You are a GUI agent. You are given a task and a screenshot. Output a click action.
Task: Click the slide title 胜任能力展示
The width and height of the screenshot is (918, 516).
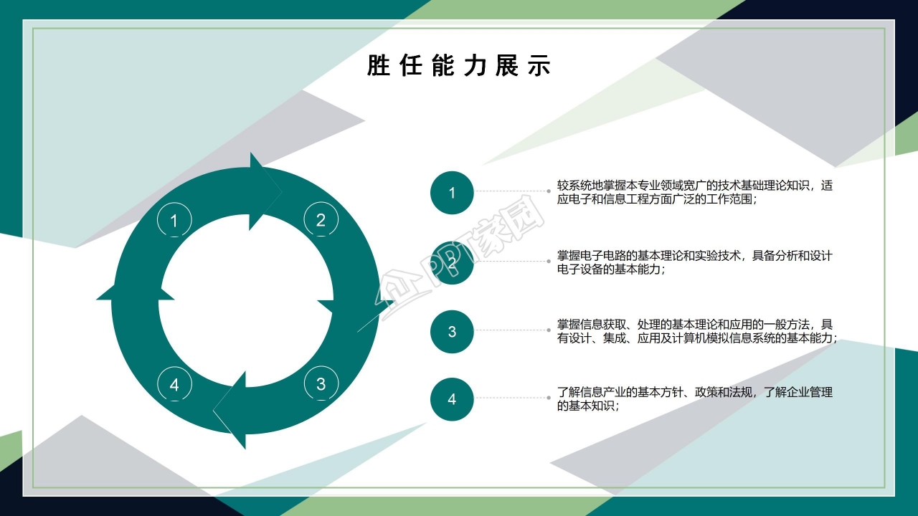(x=458, y=66)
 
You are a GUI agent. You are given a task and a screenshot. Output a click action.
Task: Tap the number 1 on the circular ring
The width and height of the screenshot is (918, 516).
(x=174, y=221)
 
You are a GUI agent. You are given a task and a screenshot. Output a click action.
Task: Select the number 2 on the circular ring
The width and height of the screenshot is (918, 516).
(x=321, y=220)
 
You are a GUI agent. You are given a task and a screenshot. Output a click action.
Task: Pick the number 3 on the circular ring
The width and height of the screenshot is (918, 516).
(x=321, y=384)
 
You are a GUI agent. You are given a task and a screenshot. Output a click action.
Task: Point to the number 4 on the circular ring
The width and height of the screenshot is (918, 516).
(x=174, y=385)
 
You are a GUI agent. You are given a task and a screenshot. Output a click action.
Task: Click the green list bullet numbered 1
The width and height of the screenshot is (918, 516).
(x=452, y=193)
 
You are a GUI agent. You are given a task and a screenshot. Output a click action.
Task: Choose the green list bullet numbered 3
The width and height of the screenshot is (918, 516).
(x=452, y=331)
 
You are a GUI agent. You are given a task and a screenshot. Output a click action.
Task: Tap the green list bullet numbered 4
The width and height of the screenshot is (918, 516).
(x=452, y=399)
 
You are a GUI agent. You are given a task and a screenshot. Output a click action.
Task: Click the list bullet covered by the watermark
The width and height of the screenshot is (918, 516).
(x=452, y=263)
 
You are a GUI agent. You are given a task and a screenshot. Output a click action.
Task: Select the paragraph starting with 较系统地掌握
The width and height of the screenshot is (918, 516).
(x=694, y=192)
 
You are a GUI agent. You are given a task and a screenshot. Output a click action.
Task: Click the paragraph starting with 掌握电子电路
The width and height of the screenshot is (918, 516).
(x=694, y=262)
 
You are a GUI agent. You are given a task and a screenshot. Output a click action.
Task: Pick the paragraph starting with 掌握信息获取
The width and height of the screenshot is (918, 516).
(x=696, y=331)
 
